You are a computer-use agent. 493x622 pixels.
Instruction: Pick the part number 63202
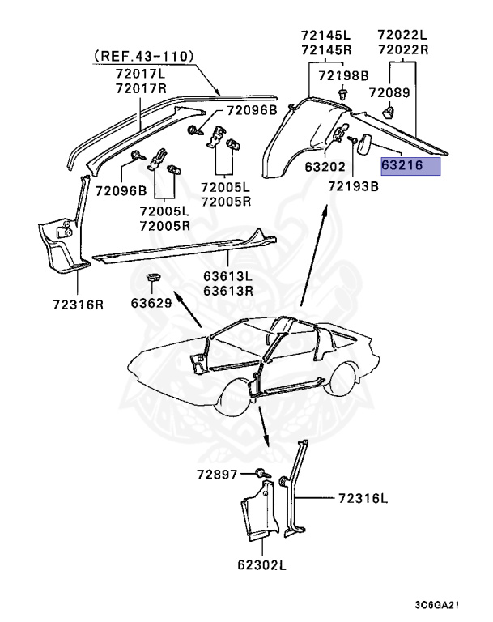tap(325, 168)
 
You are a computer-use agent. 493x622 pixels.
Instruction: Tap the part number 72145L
tap(325, 34)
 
